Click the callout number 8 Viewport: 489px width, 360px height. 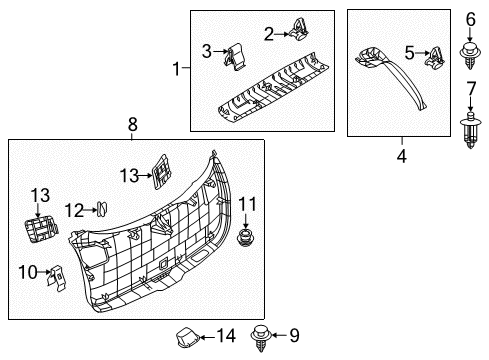click(133, 125)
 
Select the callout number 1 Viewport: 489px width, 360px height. click(176, 69)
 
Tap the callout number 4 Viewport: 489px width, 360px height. click(402, 156)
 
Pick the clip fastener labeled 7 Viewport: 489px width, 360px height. click(470, 130)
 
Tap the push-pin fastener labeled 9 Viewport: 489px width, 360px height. click(261, 338)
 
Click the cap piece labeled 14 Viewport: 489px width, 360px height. click(188, 337)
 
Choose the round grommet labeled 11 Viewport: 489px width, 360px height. click(245, 238)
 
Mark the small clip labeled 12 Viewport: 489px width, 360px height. click(102, 209)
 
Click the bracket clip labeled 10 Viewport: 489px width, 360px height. click(56, 278)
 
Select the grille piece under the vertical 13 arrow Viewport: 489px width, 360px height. click(41, 230)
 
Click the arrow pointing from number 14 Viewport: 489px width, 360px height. click(207, 337)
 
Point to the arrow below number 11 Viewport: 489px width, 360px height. click(246, 222)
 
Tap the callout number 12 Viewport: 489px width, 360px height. click(74, 211)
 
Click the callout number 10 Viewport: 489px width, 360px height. click(28, 272)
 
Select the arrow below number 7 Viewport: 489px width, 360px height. click(470, 104)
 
